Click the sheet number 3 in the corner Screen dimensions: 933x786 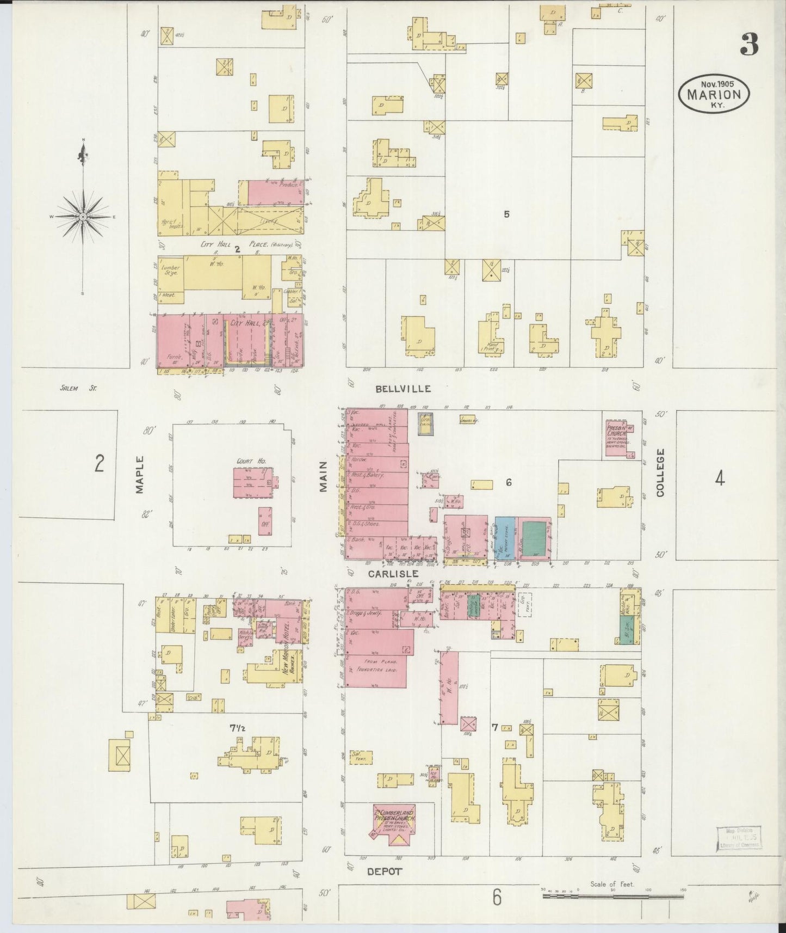[749, 45]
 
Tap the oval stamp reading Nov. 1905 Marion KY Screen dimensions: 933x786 [714, 94]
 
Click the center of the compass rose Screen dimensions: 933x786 [83, 217]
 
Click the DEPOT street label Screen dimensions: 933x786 [384, 871]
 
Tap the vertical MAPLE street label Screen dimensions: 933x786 [140, 475]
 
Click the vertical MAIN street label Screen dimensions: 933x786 [323, 477]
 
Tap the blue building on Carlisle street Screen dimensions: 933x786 [505, 538]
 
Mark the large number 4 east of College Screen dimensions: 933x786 [720, 478]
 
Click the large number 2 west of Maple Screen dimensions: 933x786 [99, 464]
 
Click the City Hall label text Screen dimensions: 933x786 [243, 323]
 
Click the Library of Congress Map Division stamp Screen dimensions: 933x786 [738, 838]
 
